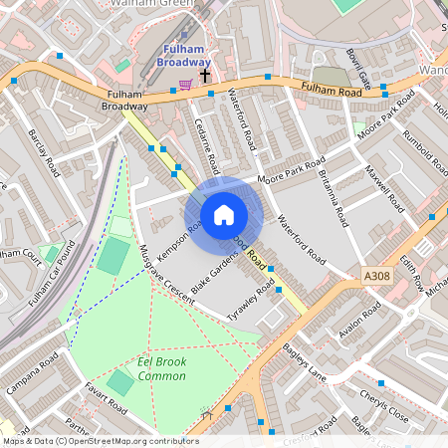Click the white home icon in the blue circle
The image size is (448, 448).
(224, 214)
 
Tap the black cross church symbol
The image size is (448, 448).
(205, 75)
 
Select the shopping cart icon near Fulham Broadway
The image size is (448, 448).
(184, 85)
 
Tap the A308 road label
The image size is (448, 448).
(377, 276)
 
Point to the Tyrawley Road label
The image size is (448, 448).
(251, 296)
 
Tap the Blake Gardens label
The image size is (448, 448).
(215, 272)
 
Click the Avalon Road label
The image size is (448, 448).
(360, 321)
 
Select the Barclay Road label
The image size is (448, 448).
(45, 153)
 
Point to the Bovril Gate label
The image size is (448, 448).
(356, 66)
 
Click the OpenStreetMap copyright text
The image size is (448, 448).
(100, 440)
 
